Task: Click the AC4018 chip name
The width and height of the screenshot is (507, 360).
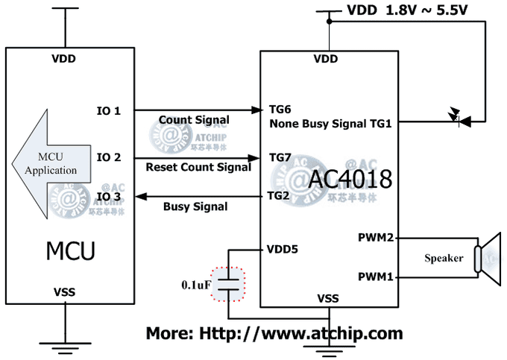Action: (x=351, y=179)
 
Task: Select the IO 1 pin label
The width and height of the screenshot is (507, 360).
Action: (x=109, y=110)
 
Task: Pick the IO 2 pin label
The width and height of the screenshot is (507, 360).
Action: (x=109, y=157)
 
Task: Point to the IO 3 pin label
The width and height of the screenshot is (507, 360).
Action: (x=109, y=197)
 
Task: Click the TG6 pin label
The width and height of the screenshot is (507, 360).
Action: (x=280, y=109)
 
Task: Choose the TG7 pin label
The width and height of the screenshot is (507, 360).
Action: (x=280, y=158)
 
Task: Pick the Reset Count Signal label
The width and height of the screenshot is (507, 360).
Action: (x=198, y=168)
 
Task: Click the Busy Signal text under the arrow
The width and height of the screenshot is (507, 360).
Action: (x=195, y=206)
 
